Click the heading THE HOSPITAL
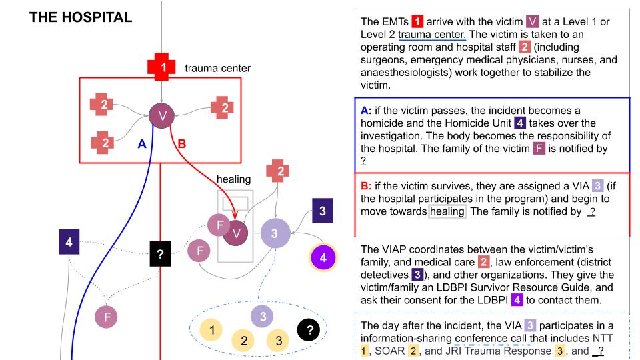tap(80, 18)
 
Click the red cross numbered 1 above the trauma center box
tap(162, 67)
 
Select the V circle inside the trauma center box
tap(162, 115)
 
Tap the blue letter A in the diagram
tap(141, 143)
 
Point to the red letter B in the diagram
tap(181, 143)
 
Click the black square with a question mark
tap(161, 253)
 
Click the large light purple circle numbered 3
tap(273, 233)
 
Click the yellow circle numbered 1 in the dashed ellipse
tap(212, 330)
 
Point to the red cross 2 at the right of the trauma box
tap(222, 107)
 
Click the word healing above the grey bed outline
tap(233, 179)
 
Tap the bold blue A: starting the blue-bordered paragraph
tap(366, 110)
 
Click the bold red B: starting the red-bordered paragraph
tap(366, 186)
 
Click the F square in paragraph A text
tap(539, 149)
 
